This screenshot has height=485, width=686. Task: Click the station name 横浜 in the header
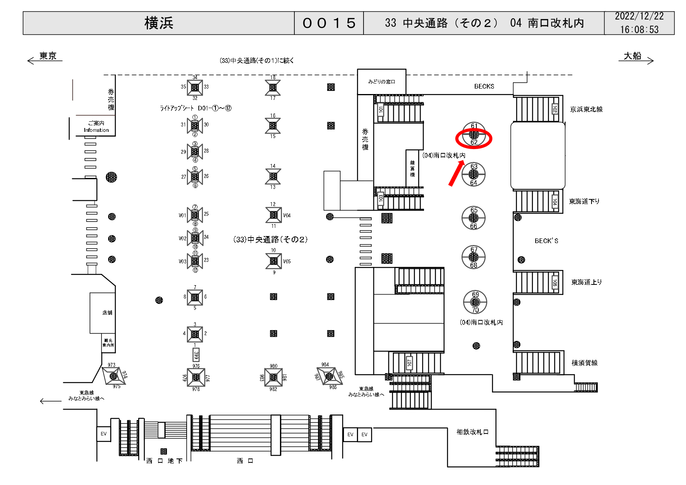coord(159,23)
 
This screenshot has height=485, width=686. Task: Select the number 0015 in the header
coord(329,23)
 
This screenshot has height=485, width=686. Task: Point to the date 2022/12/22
coord(639,16)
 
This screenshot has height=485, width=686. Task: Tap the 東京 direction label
coord(48,56)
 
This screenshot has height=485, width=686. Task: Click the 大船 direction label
coord(633,56)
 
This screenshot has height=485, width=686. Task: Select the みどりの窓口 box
coord(381,82)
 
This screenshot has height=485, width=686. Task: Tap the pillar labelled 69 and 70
coord(475,302)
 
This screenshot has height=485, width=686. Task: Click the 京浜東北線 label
coord(586,110)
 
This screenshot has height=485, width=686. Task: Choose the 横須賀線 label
coord(584,363)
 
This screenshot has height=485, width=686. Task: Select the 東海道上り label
coord(586,282)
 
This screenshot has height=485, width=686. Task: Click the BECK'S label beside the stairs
coord(546,241)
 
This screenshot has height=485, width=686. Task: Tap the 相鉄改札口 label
coord(472,432)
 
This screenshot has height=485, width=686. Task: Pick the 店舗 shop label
coord(107,313)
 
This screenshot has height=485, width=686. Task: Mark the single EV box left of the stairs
coord(103,434)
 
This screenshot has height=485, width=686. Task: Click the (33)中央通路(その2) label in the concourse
coord(270,240)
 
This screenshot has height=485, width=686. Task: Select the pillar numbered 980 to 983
coord(273,377)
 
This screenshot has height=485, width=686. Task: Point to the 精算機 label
coord(412,169)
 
